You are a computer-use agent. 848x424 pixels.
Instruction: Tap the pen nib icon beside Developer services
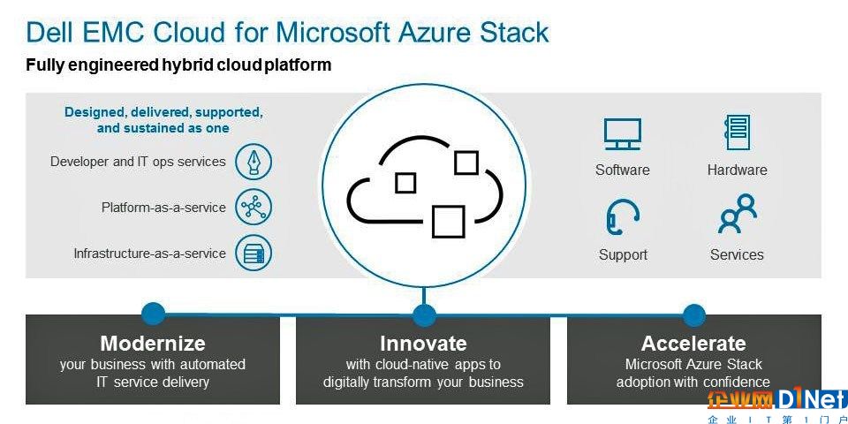[x=254, y=162]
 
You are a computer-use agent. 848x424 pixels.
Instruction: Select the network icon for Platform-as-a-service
[x=254, y=207]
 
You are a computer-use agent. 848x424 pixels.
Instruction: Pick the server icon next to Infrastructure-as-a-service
[x=254, y=254]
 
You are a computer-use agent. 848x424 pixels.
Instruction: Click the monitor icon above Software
[x=623, y=134]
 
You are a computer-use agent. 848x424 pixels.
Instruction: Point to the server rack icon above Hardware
[x=737, y=132]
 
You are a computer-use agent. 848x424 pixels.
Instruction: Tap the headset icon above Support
[x=622, y=217]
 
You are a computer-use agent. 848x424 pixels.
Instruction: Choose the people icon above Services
[x=737, y=214]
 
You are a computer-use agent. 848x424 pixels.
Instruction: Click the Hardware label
[x=737, y=170]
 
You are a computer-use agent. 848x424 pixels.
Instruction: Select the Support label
[x=623, y=254]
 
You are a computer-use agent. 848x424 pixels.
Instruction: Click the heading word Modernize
[x=153, y=344]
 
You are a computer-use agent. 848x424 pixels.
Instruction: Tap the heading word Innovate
[x=423, y=344]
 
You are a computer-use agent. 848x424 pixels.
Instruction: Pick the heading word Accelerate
[x=694, y=344]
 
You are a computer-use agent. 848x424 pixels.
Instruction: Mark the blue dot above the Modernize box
[x=153, y=314]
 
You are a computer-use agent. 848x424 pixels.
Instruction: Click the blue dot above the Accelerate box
[x=694, y=314]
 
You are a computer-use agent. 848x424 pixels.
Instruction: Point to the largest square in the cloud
[x=449, y=222]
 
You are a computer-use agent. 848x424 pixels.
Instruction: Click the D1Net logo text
[x=810, y=399]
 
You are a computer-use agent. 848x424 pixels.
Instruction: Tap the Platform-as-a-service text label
[x=164, y=207]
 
